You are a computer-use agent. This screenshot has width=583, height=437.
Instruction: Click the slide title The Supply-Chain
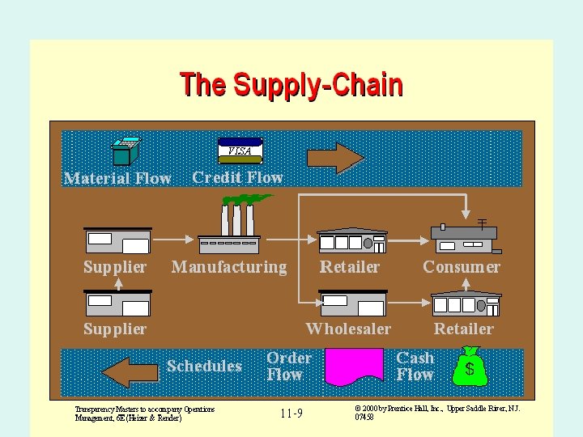(291, 85)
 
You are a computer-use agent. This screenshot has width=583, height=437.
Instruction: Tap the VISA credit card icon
(240, 149)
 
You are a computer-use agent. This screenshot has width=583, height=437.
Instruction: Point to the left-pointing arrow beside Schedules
(130, 371)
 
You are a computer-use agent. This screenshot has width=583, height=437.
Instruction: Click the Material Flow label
(117, 179)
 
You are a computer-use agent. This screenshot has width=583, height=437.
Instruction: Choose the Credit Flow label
(237, 178)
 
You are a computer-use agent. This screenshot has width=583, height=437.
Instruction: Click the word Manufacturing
(229, 267)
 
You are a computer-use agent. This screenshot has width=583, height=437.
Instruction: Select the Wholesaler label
(348, 329)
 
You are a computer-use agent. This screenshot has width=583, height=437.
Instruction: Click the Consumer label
(462, 267)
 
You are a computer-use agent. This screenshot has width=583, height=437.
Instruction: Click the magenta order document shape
(354, 367)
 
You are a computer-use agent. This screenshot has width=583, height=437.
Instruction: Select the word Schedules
(204, 367)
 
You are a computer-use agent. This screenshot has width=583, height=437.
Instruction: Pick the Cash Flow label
(415, 367)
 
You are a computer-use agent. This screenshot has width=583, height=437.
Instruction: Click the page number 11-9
(291, 414)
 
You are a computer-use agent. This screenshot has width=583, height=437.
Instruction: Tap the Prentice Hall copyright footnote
(437, 413)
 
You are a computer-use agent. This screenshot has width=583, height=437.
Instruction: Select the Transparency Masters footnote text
(144, 414)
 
